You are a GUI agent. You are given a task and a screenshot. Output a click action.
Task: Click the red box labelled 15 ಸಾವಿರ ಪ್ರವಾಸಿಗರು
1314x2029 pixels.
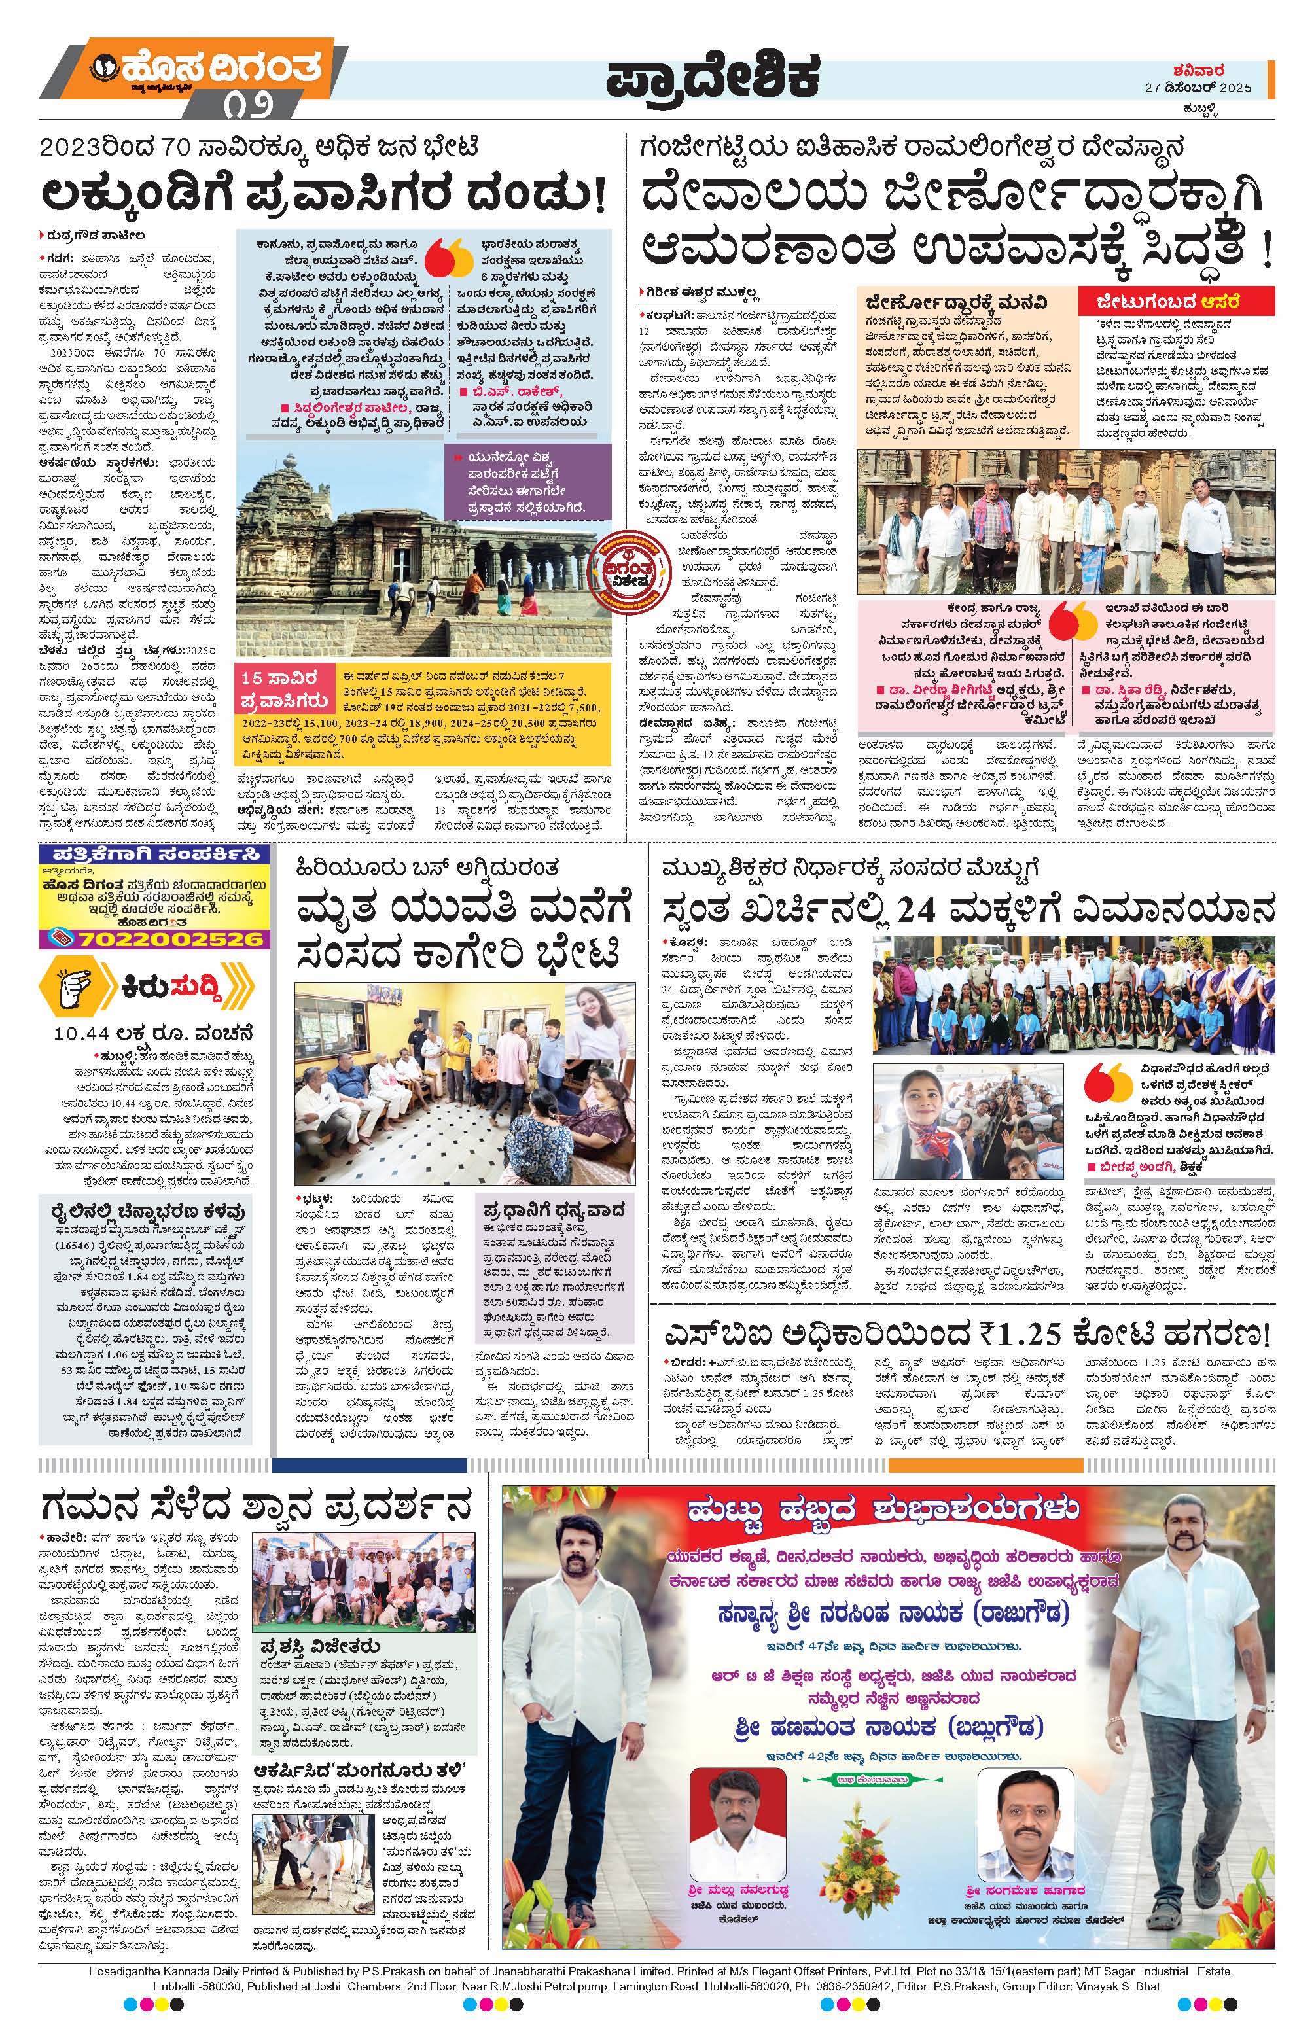285,689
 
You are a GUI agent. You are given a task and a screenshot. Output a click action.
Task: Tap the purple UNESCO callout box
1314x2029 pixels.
533,482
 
